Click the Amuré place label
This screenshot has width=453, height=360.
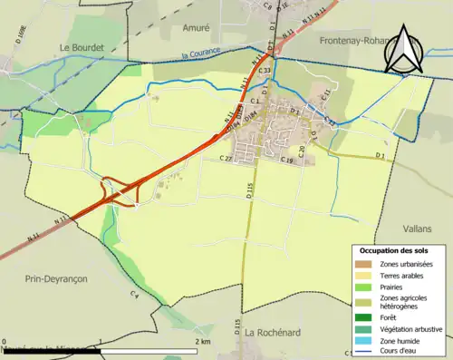[x=198, y=29]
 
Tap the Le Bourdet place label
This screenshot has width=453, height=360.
[x=83, y=47]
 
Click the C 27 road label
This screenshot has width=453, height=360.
[x=226, y=159]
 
